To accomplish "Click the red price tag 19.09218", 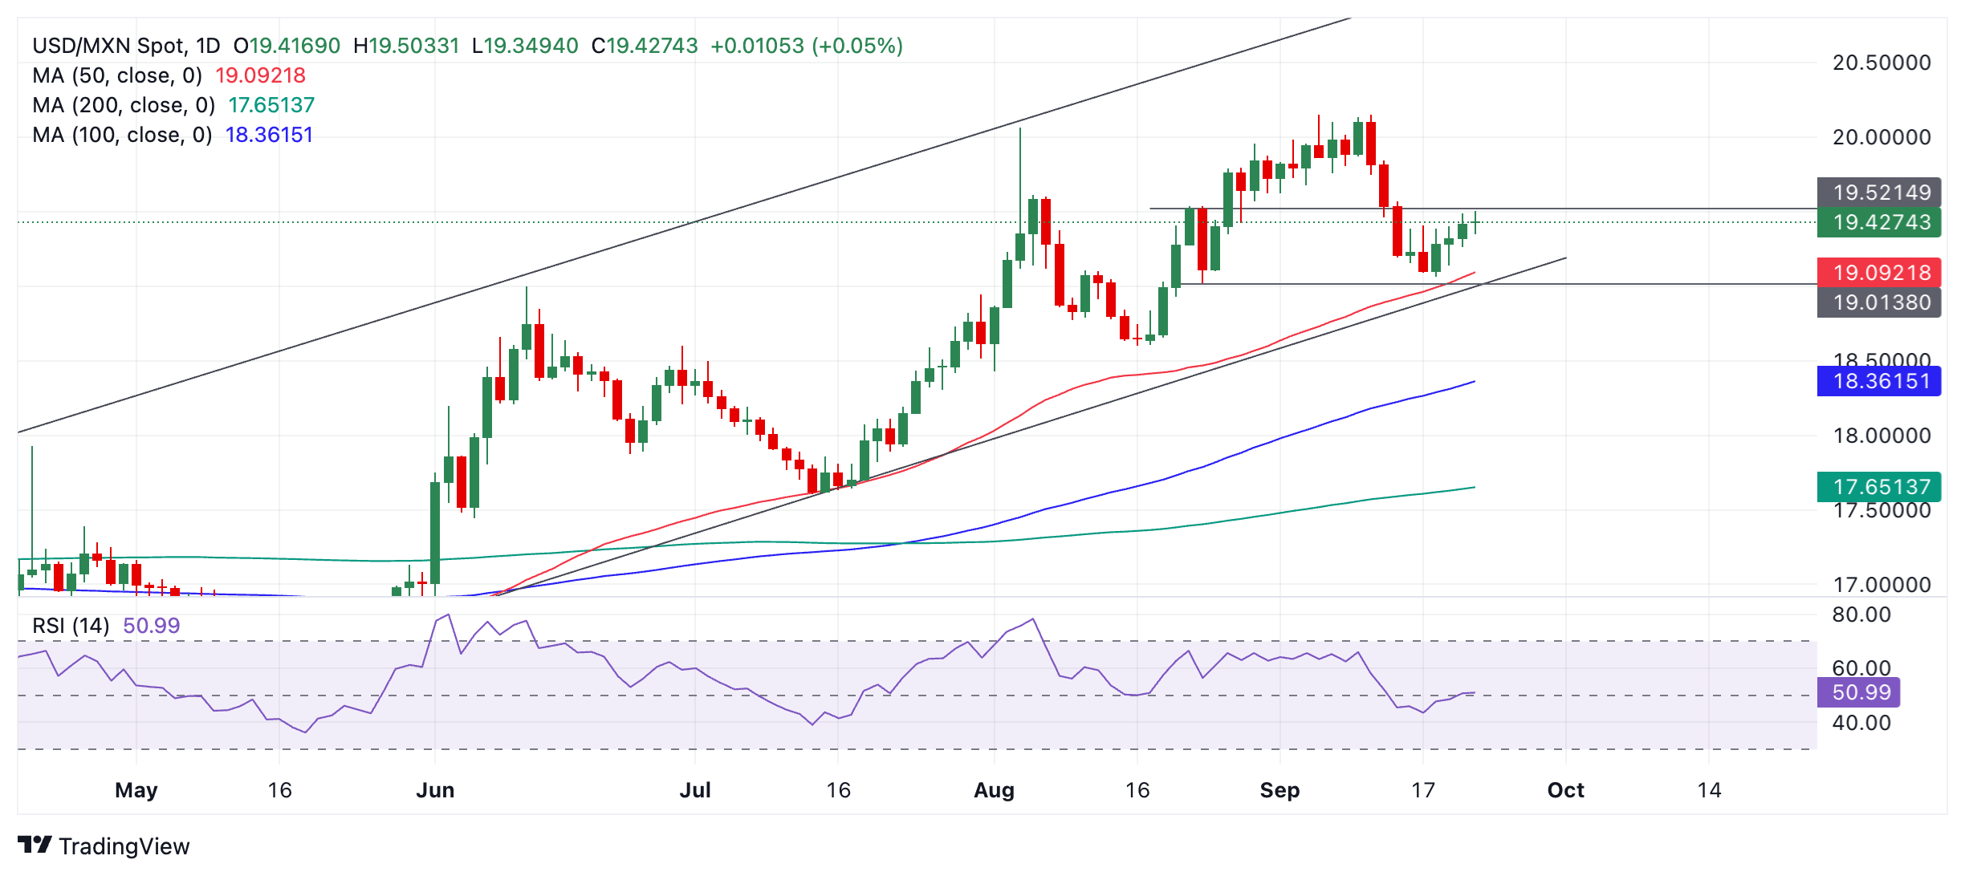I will tap(1878, 273).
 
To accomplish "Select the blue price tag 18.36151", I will tap(1878, 381).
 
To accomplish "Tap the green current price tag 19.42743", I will tap(1878, 222).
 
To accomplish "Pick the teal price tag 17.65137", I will tap(1878, 487).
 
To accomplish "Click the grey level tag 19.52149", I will tap(1878, 193).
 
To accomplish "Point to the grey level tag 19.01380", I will tap(1878, 302).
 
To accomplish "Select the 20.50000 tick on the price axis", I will tap(1882, 63).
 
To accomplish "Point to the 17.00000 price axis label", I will tap(1882, 585).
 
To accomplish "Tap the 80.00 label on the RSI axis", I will tap(1861, 615).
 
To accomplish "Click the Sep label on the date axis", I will tap(1279, 790).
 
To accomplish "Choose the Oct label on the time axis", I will tap(1565, 790).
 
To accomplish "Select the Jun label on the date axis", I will tap(435, 790).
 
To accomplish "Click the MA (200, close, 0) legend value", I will tap(271, 105).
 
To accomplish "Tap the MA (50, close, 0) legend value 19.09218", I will tap(260, 75).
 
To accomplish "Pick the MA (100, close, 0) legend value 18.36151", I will tap(269, 135).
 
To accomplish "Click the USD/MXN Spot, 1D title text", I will tap(126, 46).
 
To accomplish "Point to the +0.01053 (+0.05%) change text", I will tap(807, 46).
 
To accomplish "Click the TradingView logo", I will tap(104, 846).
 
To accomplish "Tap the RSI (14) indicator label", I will tap(71, 626).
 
